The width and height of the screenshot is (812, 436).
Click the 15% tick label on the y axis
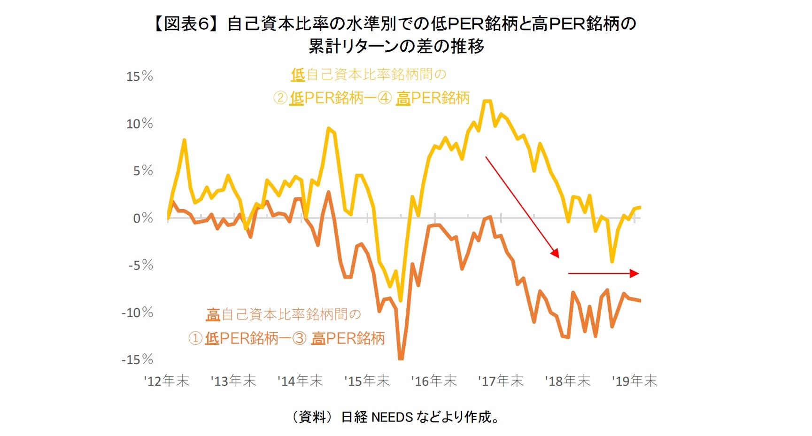(x=139, y=76)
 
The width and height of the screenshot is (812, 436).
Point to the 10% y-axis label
(x=139, y=124)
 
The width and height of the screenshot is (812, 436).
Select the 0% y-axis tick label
(x=143, y=218)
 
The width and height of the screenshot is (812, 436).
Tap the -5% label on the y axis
(x=140, y=265)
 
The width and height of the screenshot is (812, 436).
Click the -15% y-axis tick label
(x=137, y=359)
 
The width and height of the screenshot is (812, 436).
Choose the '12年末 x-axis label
(x=166, y=381)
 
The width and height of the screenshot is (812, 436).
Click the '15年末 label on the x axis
(x=367, y=381)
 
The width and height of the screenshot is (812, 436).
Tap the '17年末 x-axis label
(x=501, y=381)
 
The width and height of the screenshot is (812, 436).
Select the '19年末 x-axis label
(x=634, y=381)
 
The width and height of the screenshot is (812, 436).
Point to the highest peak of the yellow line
(x=487, y=101)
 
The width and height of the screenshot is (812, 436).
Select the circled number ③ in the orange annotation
(x=300, y=338)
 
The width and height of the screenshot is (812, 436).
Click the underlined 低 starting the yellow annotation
(x=298, y=74)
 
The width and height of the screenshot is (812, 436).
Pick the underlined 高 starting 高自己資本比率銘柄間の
(x=213, y=314)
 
